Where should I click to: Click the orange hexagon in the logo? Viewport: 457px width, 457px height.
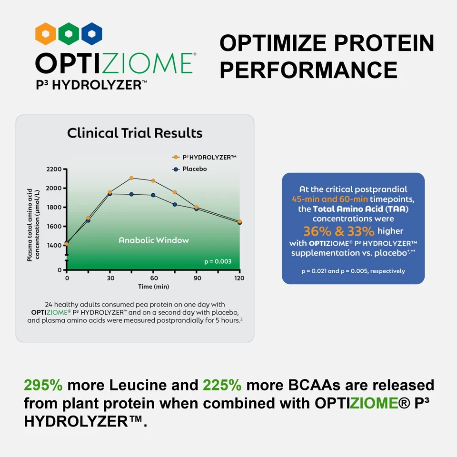pyautogui.click(x=46, y=34)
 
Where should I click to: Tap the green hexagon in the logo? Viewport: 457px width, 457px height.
pyautogui.click(x=69, y=34)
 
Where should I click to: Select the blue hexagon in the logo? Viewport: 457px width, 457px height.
pyautogui.click(x=92, y=34)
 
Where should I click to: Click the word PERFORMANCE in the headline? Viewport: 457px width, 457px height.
pyautogui.click(x=308, y=70)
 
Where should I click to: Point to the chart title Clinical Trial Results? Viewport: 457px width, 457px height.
pyautogui.click(x=135, y=133)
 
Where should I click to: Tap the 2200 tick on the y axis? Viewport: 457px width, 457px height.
pyautogui.click(x=54, y=169)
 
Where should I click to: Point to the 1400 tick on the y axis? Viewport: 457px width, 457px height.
pyautogui.click(x=54, y=245)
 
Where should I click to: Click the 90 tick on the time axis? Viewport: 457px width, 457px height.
pyautogui.click(x=196, y=278)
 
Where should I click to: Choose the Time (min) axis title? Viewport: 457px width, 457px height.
pyautogui.click(x=153, y=287)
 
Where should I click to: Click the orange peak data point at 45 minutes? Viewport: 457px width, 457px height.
pyautogui.click(x=131, y=178)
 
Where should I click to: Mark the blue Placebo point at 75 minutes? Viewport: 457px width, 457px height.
pyautogui.click(x=175, y=205)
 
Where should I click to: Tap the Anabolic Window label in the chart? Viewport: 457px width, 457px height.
pyautogui.click(x=153, y=240)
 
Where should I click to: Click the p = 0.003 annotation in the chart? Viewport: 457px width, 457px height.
pyautogui.click(x=218, y=261)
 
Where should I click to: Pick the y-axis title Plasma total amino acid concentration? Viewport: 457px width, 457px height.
pyautogui.click(x=33, y=225)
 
